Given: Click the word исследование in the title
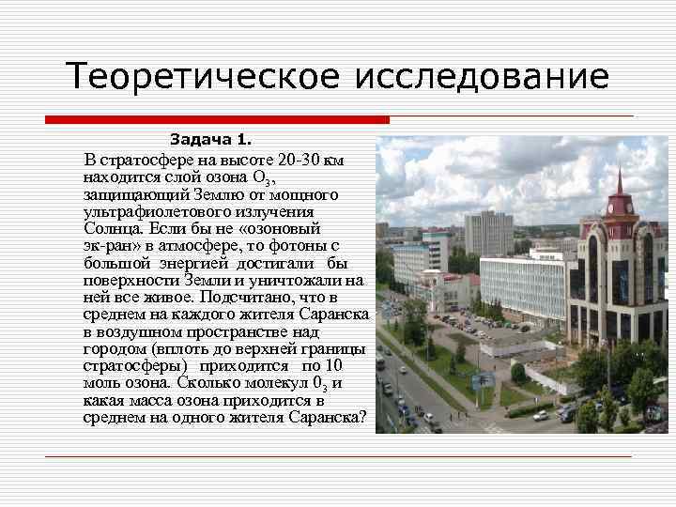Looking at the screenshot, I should tap(481, 76).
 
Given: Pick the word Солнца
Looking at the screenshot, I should tap(113, 228).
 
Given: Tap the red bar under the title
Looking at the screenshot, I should tap(217, 120).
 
